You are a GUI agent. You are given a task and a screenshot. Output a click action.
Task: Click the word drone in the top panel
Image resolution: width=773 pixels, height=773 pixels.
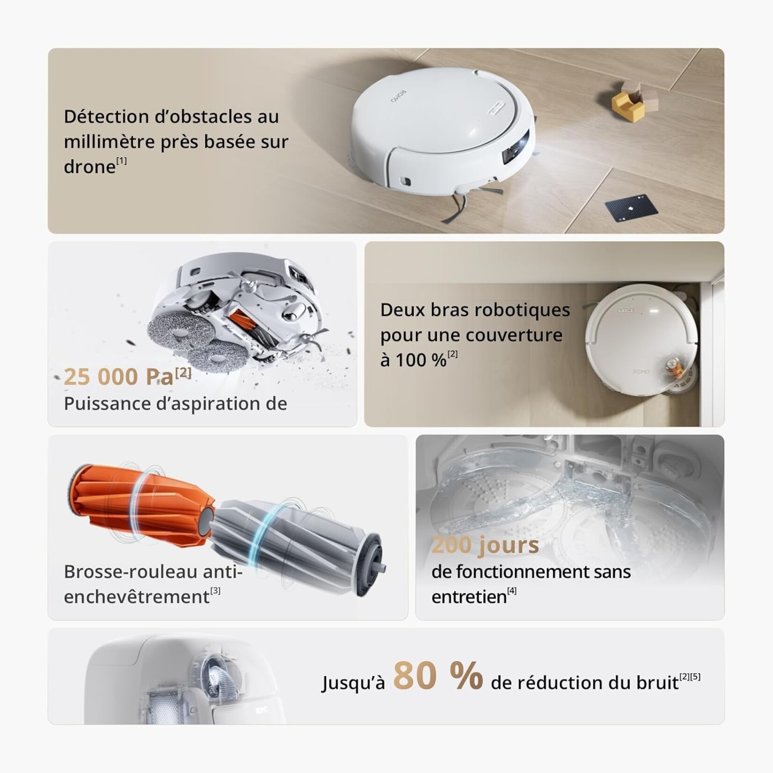89,167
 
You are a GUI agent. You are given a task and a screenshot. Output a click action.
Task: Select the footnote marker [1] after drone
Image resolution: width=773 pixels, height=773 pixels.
122,160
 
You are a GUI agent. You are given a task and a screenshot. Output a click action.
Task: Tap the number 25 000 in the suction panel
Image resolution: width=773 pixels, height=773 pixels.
101,377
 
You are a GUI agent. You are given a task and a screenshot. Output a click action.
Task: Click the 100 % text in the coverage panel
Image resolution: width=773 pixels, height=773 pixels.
413,360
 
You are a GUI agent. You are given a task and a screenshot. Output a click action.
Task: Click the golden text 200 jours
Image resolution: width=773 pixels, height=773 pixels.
485,546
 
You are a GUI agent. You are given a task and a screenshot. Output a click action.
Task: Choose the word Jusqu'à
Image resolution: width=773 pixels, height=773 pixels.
353,683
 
